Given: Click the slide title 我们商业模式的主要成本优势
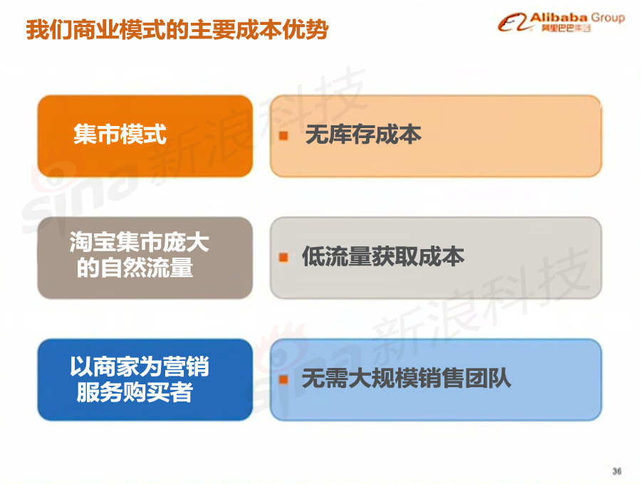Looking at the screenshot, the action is [177, 30].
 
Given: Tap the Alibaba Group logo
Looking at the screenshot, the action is [561, 23].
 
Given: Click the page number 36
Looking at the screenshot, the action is [617, 471].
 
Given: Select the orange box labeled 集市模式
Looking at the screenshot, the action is [145, 136].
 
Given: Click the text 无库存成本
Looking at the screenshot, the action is [363, 135].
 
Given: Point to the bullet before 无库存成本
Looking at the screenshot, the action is [283, 136].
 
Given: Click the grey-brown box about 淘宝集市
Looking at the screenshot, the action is [145, 258].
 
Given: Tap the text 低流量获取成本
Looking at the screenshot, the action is [383, 256].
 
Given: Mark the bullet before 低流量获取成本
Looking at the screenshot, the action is [283, 258].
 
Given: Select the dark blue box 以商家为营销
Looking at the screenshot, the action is [145, 379].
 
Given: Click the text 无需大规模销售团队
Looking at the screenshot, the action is [407, 378].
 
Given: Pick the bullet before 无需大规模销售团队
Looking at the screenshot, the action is [283, 379].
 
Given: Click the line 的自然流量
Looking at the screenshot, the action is [135, 268].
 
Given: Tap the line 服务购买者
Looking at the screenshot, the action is [135, 392].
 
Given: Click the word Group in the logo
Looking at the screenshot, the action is [608, 18].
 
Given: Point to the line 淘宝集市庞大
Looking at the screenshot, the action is [140, 242].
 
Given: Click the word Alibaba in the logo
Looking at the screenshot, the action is [558, 18].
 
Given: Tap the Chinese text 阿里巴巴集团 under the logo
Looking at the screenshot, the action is [566, 28].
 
